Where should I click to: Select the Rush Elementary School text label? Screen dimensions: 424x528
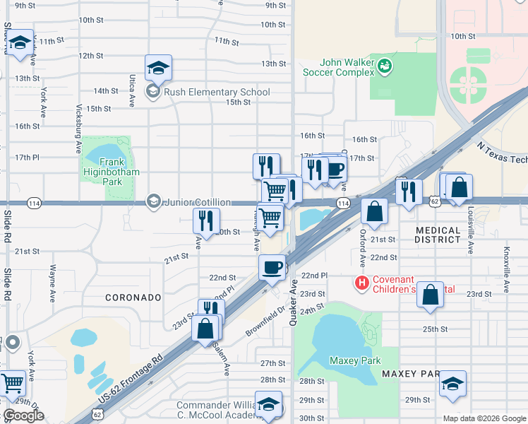217,92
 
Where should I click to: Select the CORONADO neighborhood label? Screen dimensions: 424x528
133,298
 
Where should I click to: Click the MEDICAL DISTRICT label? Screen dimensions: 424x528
448,235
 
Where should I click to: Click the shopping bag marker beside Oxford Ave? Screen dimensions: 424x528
375,211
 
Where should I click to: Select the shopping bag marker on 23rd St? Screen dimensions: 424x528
431,295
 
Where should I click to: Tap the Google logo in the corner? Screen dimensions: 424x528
23,416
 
